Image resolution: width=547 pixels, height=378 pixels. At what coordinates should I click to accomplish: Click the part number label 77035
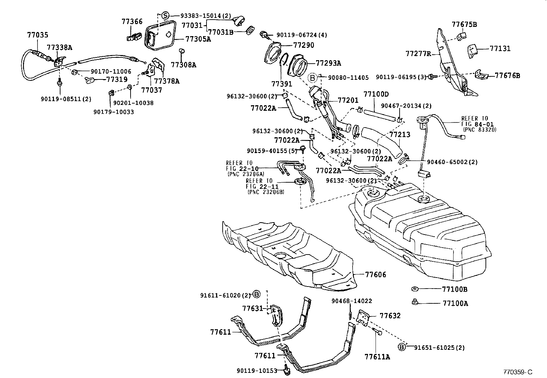pyautogui.click(x=37, y=35)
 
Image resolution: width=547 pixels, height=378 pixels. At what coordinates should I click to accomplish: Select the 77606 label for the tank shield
pyautogui.click(x=376, y=274)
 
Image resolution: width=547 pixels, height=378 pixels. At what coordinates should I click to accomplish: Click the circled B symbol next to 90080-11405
pyautogui.click(x=312, y=78)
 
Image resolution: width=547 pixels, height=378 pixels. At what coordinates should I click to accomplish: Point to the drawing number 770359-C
pyautogui.click(x=517, y=372)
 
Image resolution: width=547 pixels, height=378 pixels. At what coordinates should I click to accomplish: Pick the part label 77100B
pyautogui.click(x=455, y=289)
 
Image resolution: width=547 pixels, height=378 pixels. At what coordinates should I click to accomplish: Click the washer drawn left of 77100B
pyautogui.click(x=414, y=289)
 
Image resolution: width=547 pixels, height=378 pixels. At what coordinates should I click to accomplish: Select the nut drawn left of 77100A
pyautogui.click(x=414, y=302)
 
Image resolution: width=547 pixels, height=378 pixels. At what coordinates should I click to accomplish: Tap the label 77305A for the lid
pyautogui.click(x=198, y=39)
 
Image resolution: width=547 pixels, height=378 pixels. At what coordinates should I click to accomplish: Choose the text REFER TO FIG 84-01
pyautogui.click(x=475, y=121)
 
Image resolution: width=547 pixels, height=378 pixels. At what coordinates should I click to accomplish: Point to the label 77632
pyautogui.click(x=390, y=315)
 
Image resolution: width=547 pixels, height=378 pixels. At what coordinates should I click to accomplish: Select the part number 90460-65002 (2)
pyautogui.click(x=452, y=162)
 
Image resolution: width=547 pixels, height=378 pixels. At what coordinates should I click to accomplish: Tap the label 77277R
pyautogui.click(x=417, y=54)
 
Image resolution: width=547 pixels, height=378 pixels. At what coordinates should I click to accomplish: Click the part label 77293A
pyautogui.click(x=328, y=63)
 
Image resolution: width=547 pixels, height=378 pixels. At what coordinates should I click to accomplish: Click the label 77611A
pyautogui.click(x=377, y=357)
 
